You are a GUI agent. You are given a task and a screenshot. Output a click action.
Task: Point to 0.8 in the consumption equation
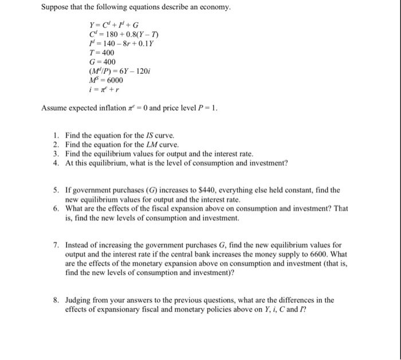tap(131, 34)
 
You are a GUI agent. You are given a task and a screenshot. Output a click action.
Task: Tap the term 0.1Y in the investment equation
tap(147, 43)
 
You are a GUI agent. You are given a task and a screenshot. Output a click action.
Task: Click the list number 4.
tap(55, 163)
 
